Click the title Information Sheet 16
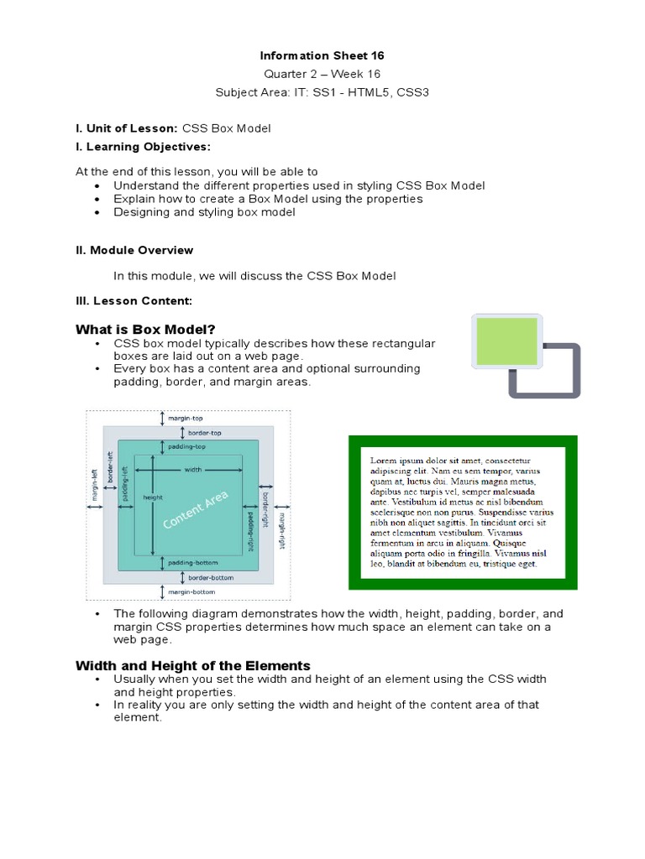tap(322, 56)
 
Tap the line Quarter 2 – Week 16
tap(322, 74)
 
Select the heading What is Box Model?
tap(151, 329)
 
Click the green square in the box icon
tap(506, 341)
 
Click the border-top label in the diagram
tap(204, 433)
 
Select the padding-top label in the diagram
tap(186, 447)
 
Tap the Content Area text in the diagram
tap(196, 511)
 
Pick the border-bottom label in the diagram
tap(210, 578)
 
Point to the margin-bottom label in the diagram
tap(191, 592)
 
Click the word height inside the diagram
tap(152, 497)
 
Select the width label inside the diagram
tap(193, 470)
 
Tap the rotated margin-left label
tap(94, 484)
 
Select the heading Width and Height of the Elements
tap(193, 665)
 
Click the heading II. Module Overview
tap(134, 250)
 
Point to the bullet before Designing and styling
tap(97, 213)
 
